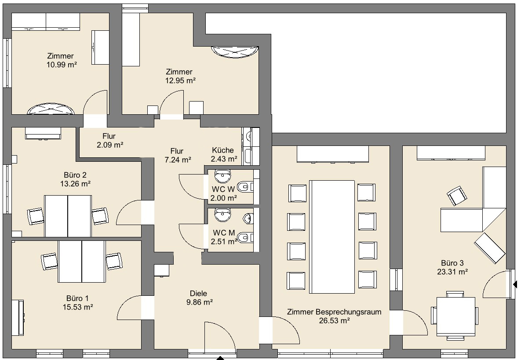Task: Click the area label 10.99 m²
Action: click(x=62, y=65)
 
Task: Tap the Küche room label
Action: click(x=223, y=150)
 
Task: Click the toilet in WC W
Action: click(x=245, y=187)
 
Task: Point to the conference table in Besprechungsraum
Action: click(x=332, y=237)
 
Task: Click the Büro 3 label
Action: click(x=452, y=263)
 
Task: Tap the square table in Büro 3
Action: click(x=455, y=316)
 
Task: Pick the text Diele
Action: click(x=198, y=294)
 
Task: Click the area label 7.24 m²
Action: click(x=178, y=160)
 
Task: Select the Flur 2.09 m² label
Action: click(x=109, y=141)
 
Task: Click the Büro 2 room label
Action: click(x=75, y=175)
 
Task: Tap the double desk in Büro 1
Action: click(x=82, y=262)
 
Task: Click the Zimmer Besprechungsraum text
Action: click(x=334, y=312)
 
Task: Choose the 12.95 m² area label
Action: click(x=180, y=80)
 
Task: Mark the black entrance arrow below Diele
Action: click(x=220, y=358)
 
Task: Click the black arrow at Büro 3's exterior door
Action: click(x=515, y=284)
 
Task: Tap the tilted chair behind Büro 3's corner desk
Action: click(x=457, y=196)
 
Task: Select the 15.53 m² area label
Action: click(x=78, y=307)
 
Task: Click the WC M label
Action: click(x=224, y=233)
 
